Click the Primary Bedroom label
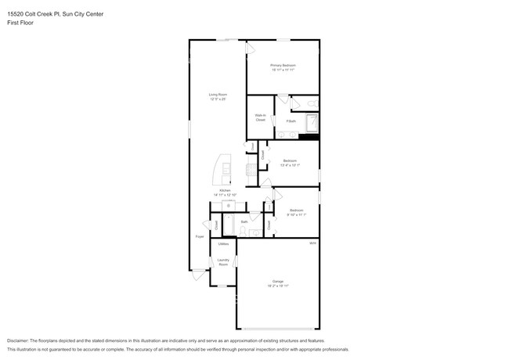pos(283,65)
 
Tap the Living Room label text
pos(218,95)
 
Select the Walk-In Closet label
pos(260,117)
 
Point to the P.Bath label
pos(291,121)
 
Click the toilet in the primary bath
pos(311,103)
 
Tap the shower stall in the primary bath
pos(311,124)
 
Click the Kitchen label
pos(225,190)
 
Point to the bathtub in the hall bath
pos(229,225)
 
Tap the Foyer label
pos(200,236)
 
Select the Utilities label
pos(223,244)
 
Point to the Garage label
pos(278,281)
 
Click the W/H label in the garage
pos(312,243)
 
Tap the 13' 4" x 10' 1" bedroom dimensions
pos(290,165)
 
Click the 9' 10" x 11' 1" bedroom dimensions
pos(296,214)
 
